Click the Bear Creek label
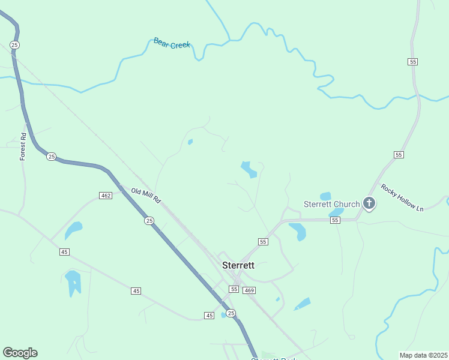172,43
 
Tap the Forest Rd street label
23,146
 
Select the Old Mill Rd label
146,194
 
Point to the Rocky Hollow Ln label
402,200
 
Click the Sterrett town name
238,265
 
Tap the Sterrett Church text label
331,204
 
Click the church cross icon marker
369,204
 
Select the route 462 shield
106,196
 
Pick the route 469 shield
250,290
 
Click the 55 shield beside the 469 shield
234,289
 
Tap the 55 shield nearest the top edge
412,62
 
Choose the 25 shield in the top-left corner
15,45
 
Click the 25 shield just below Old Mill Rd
149,221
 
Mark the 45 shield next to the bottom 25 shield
209,315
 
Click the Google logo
20,353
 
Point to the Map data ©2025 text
423,355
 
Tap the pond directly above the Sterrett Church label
325,196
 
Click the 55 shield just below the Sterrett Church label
335,221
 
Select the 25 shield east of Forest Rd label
51,157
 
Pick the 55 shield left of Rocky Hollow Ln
399,155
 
